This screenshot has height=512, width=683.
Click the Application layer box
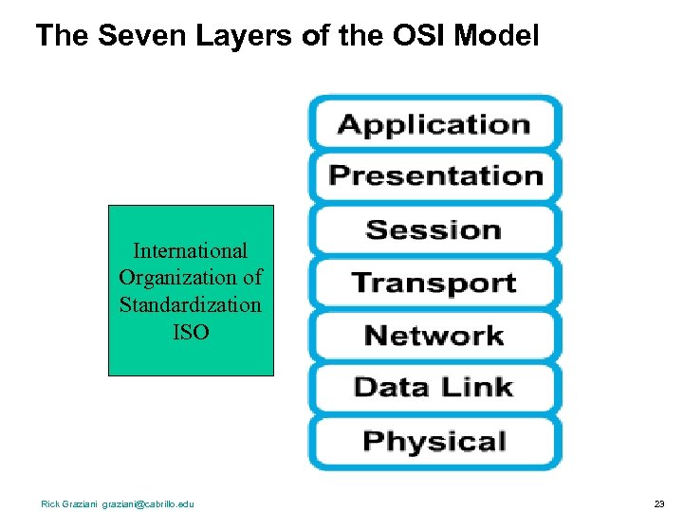pyautogui.click(x=434, y=124)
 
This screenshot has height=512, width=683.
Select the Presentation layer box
pyautogui.click(x=434, y=176)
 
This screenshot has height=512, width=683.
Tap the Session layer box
pyautogui.click(x=434, y=229)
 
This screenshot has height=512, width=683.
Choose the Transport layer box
pyautogui.click(x=434, y=283)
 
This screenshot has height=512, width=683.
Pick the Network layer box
pyautogui.click(x=434, y=336)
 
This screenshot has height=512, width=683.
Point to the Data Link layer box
pyautogui.click(x=434, y=388)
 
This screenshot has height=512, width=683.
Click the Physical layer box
pyautogui.click(x=434, y=441)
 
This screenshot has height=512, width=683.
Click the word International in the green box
pyautogui.click(x=191, y=251)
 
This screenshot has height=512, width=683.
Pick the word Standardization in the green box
pyautogui.click(x=191, y=305)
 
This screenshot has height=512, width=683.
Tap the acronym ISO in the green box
pyautogui.click(x=191, y=332)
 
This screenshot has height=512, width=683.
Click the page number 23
pyautogui.click(x=658, y=503)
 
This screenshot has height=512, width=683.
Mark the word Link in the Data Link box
pyautogui.click(x=481, y=387)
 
